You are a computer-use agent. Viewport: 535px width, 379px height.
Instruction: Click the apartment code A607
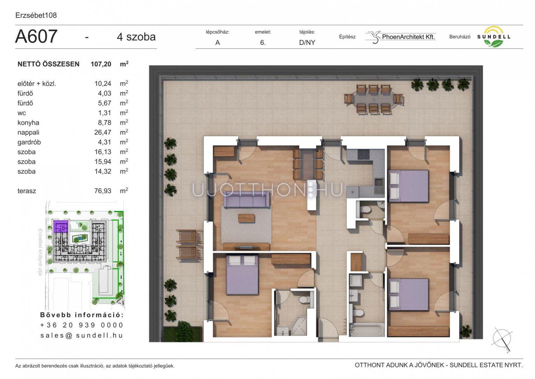click(x=36, y=36)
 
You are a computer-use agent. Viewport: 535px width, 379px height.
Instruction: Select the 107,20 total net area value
click(x=101, y=64)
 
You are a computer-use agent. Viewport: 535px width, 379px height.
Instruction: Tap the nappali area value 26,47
click(x=103, y=132)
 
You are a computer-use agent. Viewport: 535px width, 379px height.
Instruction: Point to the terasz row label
click(x=27, y=191)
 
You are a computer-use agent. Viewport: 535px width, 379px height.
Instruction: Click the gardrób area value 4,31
click(x=104, y=142)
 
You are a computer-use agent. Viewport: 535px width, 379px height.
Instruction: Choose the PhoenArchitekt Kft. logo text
click(x=409, y=37)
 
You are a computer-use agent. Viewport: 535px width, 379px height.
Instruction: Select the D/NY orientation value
click(x=307, y=42)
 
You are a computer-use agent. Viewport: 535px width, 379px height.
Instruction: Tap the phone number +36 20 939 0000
click(x=82, y=325)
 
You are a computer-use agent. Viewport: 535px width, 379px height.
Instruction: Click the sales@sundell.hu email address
click(x=82, y=335)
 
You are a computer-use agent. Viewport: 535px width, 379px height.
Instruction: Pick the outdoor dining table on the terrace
click(x=374, y=99)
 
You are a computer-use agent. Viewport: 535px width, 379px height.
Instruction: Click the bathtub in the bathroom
click(x=366, y=330)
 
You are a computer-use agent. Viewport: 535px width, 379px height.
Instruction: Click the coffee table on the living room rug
click(x=247, y=218)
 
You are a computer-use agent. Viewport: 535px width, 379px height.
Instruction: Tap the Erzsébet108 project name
click(x=36, y=15)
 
